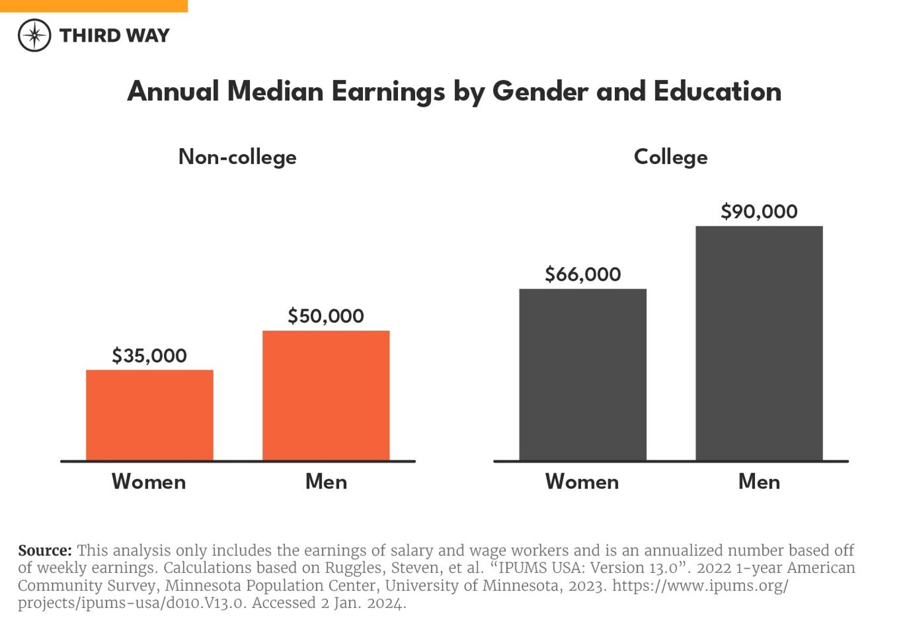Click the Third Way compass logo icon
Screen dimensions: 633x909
[x=34, y=35]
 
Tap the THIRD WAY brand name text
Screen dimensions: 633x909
[x=114, y=36]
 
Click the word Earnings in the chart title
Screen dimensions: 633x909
[x=388, y=92]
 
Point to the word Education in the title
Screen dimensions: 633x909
[x=717, y=92]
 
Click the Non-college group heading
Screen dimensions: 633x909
[x=237, y=157]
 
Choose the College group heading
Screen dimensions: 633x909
[x=670, y=157]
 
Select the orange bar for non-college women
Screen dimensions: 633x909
[x=149, y=415]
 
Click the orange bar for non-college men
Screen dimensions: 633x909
[x=326, y=395]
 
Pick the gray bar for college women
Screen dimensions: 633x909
[x=582, y=374]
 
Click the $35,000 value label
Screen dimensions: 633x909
[x=149, y=356]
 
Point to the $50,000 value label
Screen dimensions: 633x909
[x=326, y=316]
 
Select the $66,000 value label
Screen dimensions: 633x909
[x=582, y=274]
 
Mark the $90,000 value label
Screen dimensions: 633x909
[x=759, y=212]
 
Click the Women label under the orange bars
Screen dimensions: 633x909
[x=149, y=482]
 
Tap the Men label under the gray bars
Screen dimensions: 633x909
[x=759, y=482]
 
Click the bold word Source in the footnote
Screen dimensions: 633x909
[x=44, y=551]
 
